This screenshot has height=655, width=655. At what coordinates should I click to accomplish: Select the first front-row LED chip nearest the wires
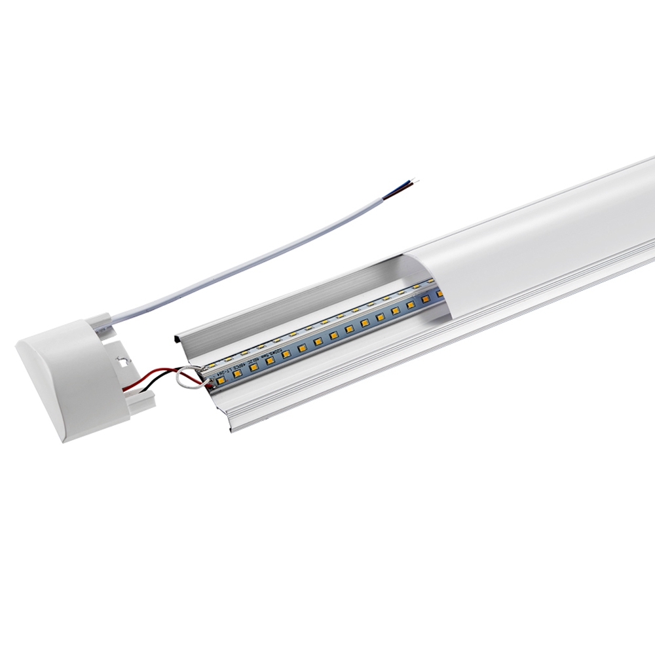(x=220, y=377)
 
